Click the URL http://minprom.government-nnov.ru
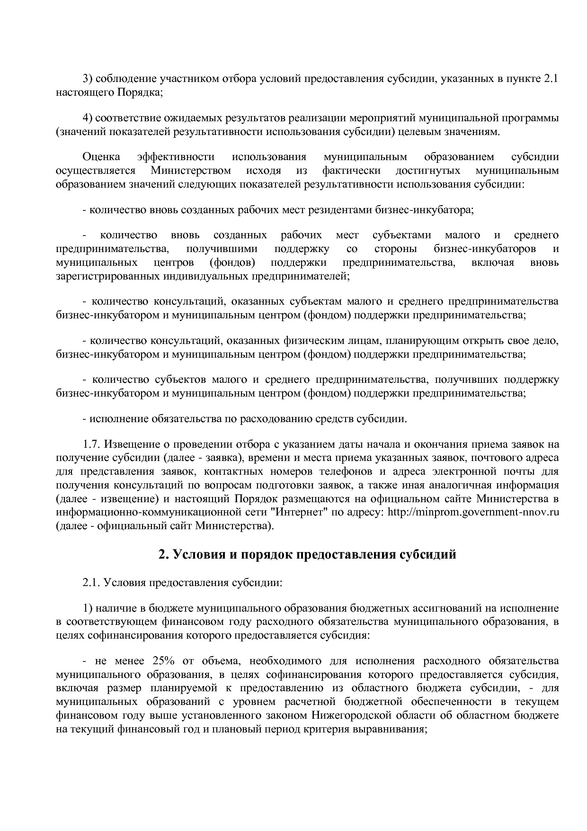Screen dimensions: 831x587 click(473, 513)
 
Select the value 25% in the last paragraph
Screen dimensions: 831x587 click(164, 661)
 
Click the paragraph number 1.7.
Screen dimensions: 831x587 click(91, 444)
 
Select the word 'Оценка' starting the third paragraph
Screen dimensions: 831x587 click(101, 157)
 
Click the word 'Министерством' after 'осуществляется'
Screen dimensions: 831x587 click(191, 171)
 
